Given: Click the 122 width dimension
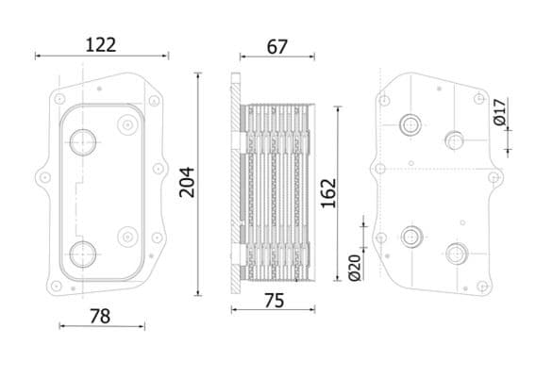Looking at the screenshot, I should [x=100, y=43].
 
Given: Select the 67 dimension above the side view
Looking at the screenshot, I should [x=276, y=46].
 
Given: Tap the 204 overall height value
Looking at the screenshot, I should [x=187, y=181].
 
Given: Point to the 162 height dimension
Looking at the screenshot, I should [x=327, y=193].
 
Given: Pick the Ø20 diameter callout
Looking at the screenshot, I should [x=355, y=267].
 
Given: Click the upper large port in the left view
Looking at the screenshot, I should [x=83, y=142].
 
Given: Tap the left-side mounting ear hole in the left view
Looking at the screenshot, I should [x=43, y=176].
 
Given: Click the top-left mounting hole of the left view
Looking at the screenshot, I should [x=59, y=98].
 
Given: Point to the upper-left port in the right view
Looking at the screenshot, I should [x=410, y=124].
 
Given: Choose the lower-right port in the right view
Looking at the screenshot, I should [x=457, y=254].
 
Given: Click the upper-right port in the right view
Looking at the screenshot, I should [x=454, y=140].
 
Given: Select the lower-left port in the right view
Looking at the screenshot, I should [x=410, y=237].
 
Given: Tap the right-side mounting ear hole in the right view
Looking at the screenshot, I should [x=493, y=176].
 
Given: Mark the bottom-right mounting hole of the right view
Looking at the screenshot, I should [x=481, y=286].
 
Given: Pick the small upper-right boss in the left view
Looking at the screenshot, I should [x=126, y=123].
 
